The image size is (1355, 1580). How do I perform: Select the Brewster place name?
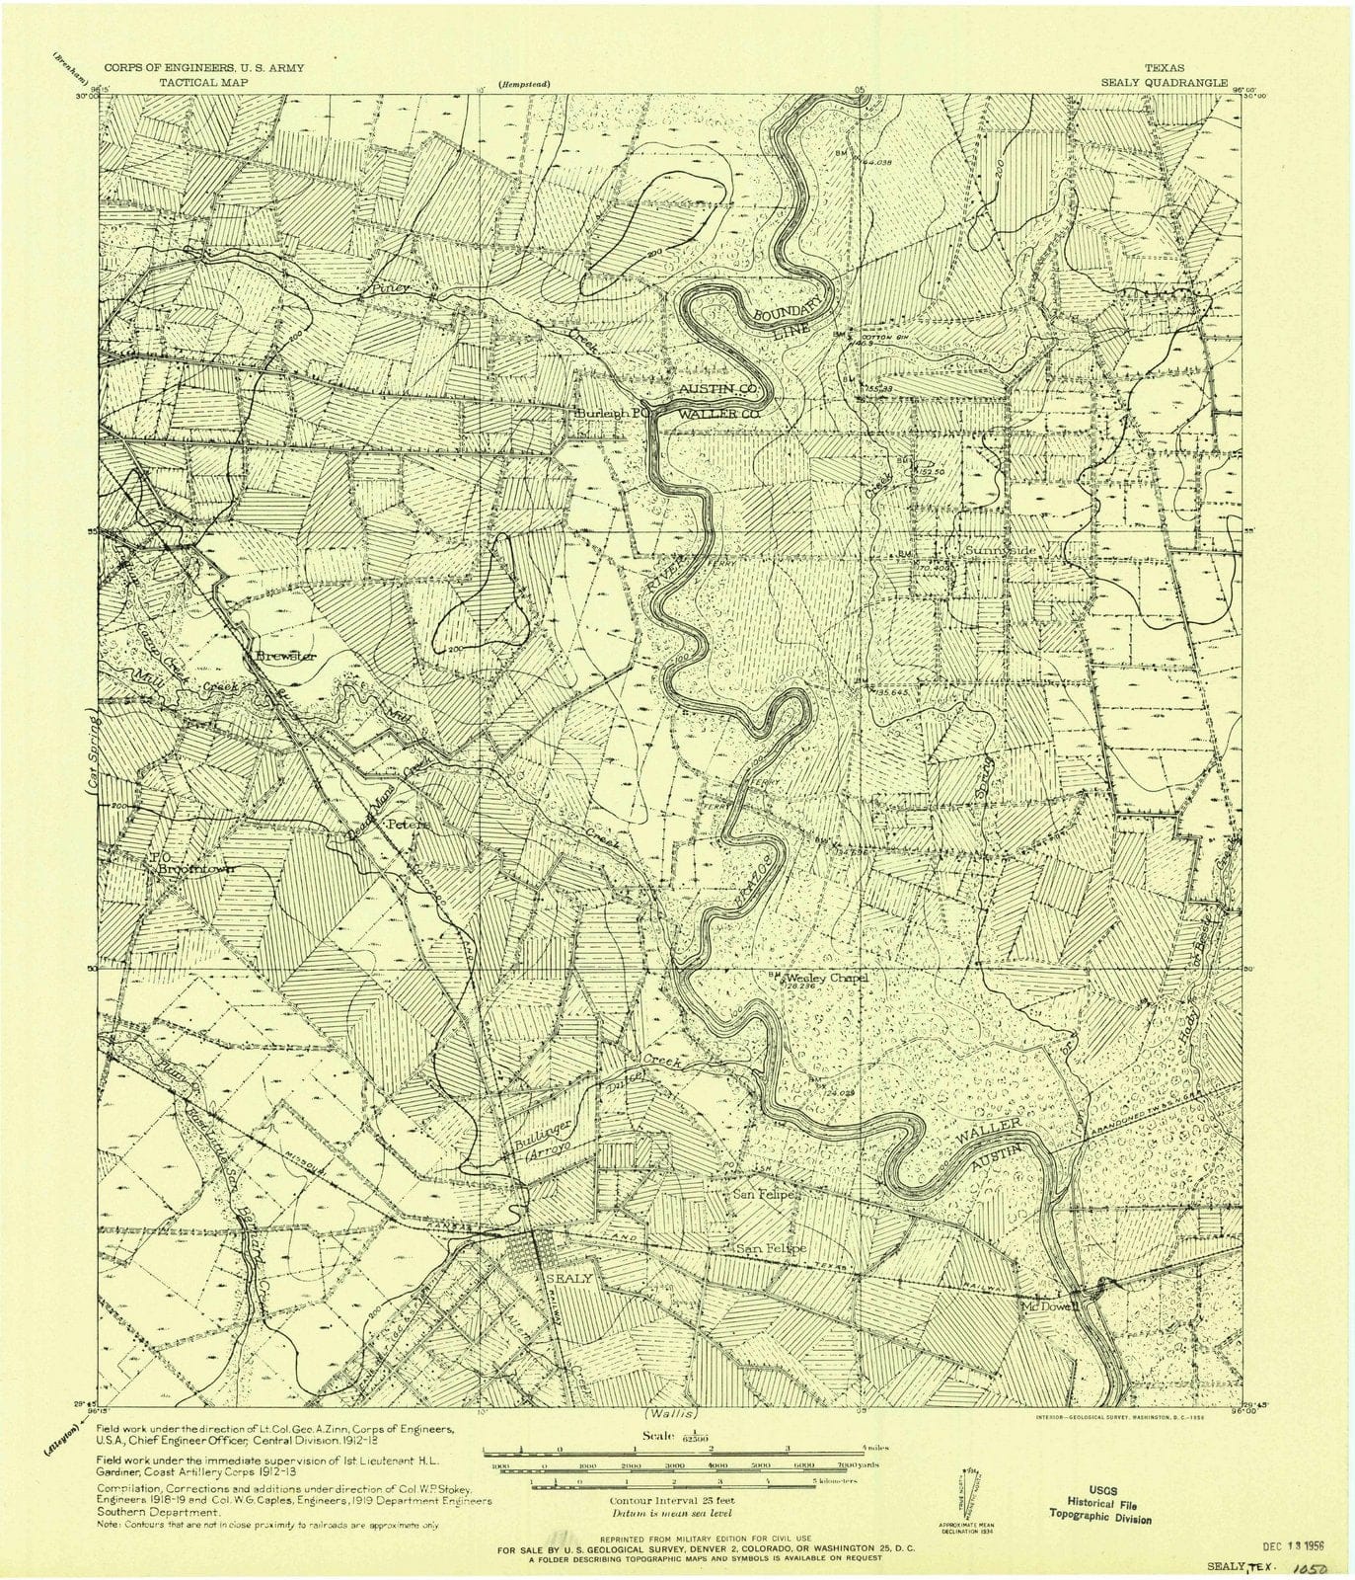tap(284, 656)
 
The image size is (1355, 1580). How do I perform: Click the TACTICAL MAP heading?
tap(204, 84)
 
